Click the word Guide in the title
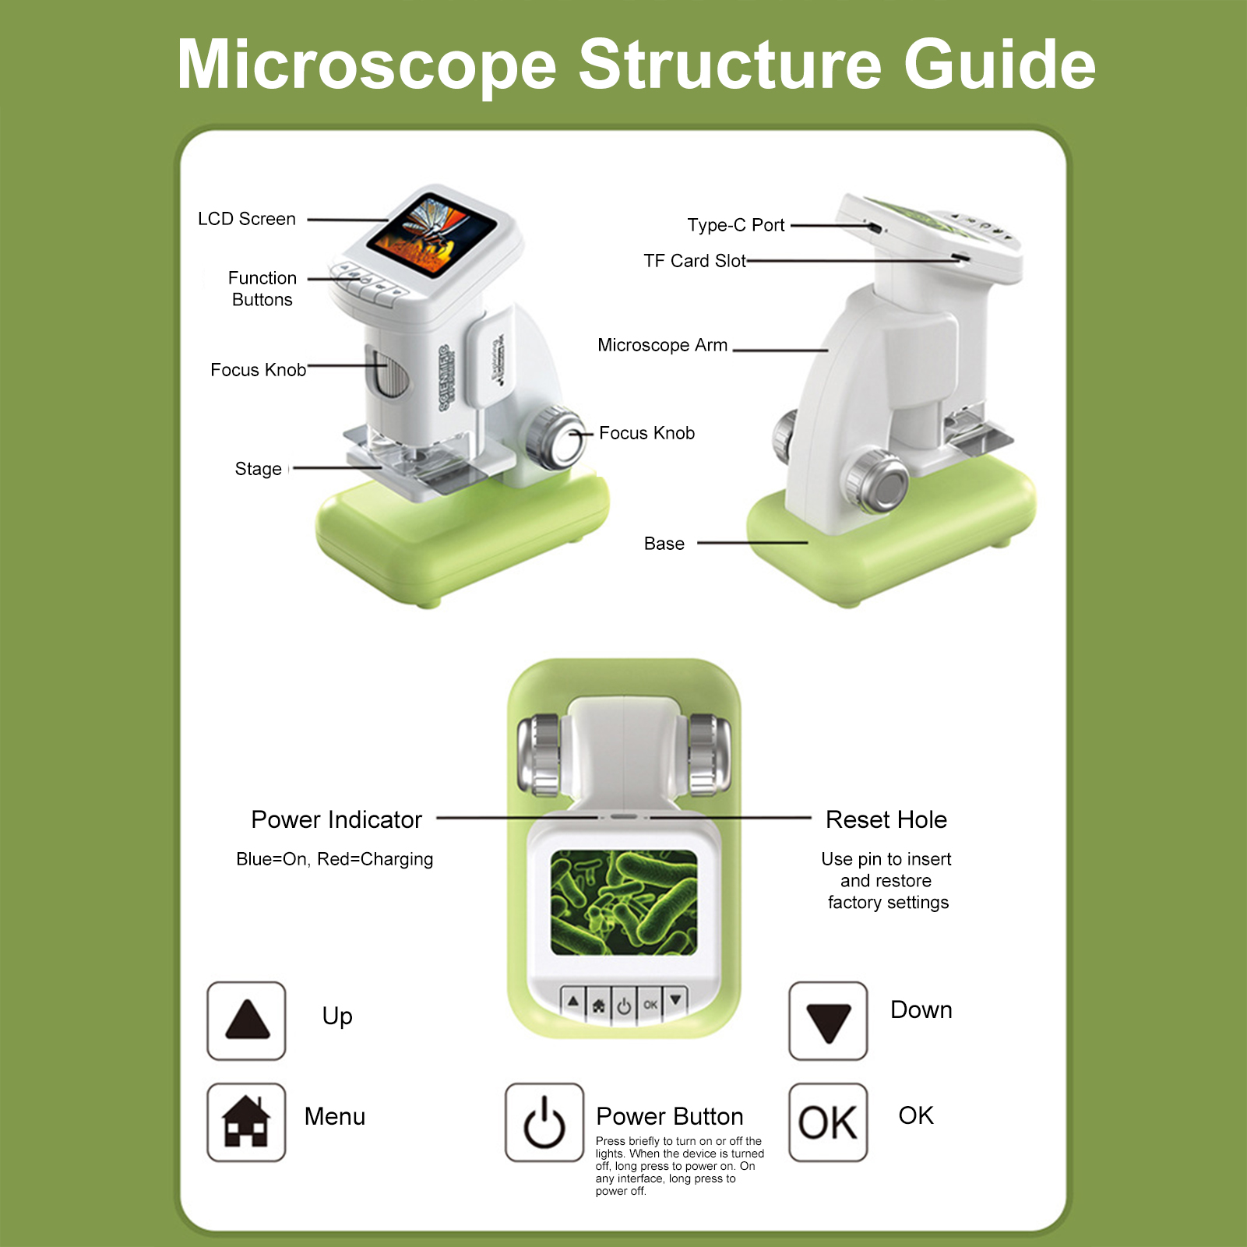coord(1000,65)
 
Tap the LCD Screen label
coord(247,220)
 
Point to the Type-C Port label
coord(736,226)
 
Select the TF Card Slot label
coord(695,262)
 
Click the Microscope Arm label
coord(663,346)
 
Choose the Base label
coord(664,544)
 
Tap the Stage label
coord(259,470)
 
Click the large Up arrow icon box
coord(246,1021)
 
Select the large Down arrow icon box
coord(828,1021)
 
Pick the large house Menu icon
coord(246,1122)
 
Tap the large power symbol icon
coord(544,1122)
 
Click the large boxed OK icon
coord(828,1122)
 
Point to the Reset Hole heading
coord(886,820)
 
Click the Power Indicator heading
coord(336,820)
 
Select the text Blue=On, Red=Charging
coord(335,860)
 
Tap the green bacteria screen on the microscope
coord(624,903)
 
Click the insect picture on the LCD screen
coord(432,234)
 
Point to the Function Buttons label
coord(262,289)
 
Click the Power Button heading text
coord(670,1117)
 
